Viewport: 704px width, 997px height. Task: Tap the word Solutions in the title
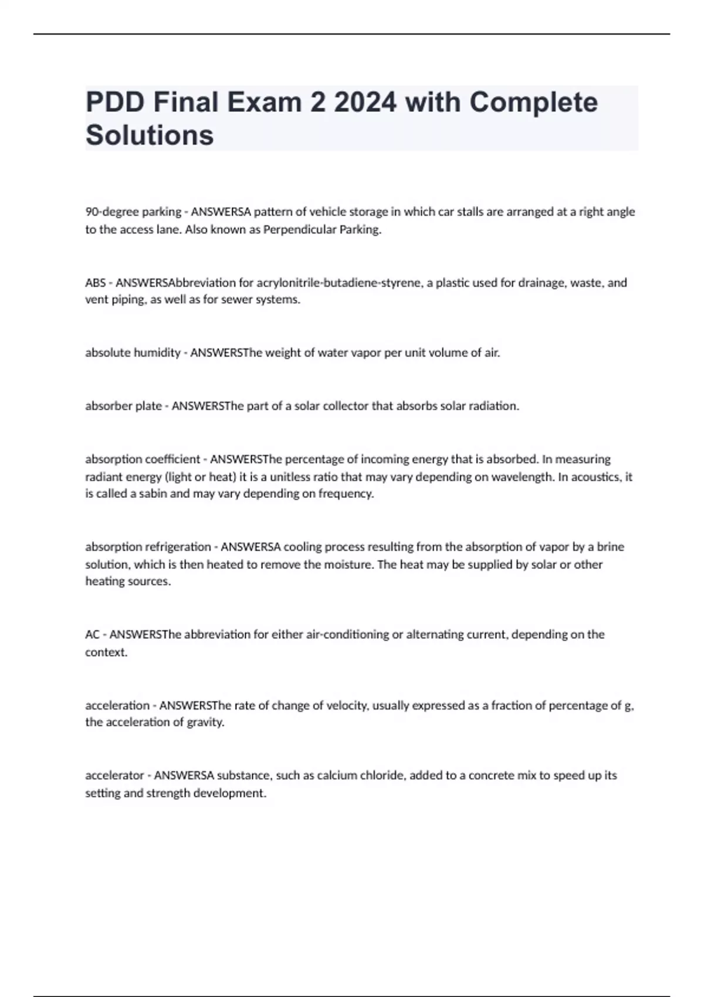[150, 135]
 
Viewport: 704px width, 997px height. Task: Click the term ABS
[95, 283]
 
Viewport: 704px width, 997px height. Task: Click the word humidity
[157, 352]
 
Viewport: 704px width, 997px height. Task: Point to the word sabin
[152, 493]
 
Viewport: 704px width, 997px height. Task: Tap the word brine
[610, 547]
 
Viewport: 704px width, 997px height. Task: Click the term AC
[92, 635]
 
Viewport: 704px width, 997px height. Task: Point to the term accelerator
[114, 775]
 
